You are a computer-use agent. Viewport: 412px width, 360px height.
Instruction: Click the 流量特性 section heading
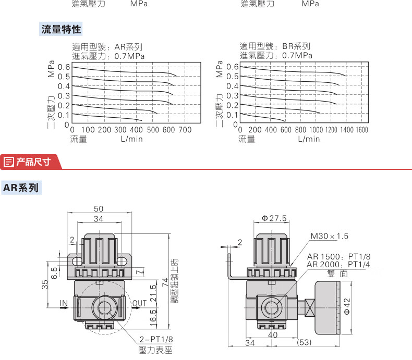(x=62, y=29)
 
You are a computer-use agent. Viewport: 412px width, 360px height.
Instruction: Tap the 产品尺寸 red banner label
(x=32, y=162)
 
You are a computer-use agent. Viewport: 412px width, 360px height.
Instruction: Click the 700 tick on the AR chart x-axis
(x=185, y=130)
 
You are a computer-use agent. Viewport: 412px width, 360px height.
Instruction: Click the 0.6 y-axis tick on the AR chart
(x=64, y=67)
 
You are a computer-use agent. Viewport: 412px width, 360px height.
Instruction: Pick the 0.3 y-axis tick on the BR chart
(x=232, y=96)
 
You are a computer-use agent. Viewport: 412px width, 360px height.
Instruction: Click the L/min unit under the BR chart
(x=309, y=139)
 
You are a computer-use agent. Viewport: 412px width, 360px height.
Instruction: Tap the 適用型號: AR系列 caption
(x=107, y=46)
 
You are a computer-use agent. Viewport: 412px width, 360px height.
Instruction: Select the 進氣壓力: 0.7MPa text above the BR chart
(x=276, y=55)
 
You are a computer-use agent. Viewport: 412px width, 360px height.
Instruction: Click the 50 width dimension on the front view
(x=99, y=209)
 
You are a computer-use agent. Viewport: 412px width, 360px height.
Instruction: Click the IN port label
(x=64, y=303)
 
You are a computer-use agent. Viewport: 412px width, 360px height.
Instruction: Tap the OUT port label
(x=139, y=303)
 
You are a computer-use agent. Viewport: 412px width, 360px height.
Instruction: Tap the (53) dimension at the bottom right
(x=304, y=342)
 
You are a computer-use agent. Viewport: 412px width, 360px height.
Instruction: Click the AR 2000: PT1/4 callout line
(x=338, y=265)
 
